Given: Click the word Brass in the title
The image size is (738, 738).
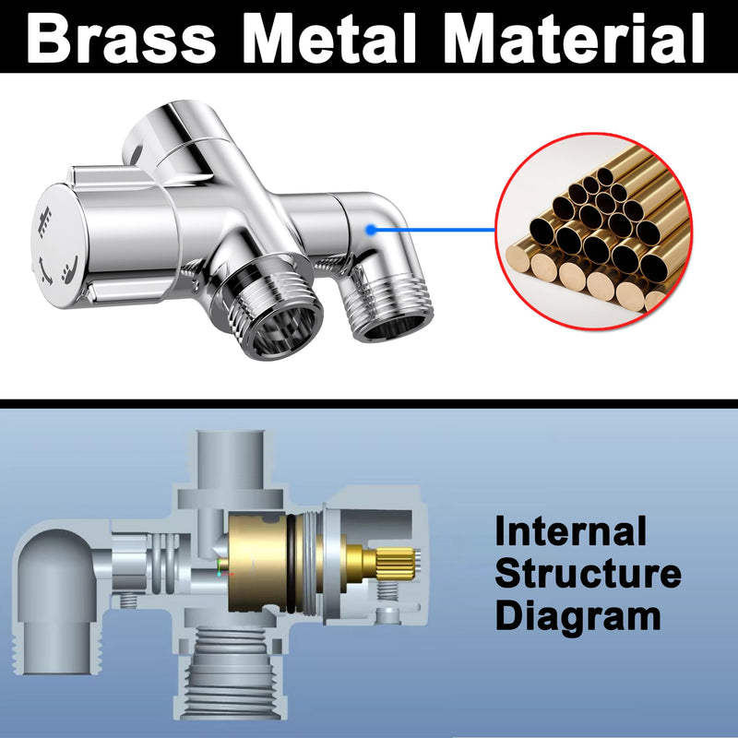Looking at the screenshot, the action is (122, 38).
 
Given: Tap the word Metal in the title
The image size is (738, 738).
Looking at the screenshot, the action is (329, 38).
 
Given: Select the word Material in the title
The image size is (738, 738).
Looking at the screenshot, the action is (574, 38).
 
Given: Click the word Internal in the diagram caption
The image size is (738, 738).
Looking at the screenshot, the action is (571, 530).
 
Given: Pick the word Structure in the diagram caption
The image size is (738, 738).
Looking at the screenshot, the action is (589, 573).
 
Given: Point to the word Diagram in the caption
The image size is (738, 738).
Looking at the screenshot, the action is (578, 616).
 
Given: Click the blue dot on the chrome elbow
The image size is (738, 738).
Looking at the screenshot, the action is (371, 230).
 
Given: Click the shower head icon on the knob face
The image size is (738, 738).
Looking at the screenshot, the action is (45, 221).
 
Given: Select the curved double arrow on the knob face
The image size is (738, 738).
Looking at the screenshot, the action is (44, 271).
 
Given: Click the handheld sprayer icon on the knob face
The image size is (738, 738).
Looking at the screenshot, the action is (70, 270).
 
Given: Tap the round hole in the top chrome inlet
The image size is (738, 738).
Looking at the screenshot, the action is (137, 155).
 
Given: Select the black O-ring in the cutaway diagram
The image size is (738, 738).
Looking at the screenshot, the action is (292, 564).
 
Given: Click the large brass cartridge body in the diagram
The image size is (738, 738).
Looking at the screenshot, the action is (258, 564).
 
